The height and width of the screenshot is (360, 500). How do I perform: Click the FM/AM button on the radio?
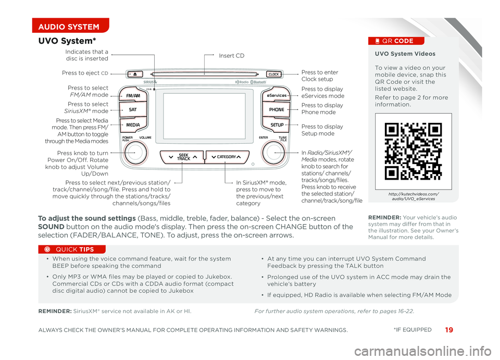click(x=133, y=95)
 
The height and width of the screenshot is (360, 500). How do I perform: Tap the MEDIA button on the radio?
click(x=133, y=125)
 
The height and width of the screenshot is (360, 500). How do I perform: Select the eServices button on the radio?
click(x=277, y=95)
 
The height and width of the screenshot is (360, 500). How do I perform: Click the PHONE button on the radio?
click(x=277, y=109)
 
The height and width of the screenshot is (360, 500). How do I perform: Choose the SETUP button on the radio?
click(x=277, y=125)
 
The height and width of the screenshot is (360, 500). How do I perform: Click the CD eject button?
click(x=135, y=75)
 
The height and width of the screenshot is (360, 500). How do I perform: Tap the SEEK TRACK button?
click(x=182, y=157)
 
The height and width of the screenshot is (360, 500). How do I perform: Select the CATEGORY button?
click(x=227, y=157)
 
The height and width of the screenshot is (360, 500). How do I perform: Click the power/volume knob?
click(x=135, y=153)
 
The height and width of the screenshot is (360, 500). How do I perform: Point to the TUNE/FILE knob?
click(x=273, y=153)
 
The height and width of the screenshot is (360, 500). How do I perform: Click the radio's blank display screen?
click(x=204, y=116)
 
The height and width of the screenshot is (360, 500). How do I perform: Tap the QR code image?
click(x=413, y=151)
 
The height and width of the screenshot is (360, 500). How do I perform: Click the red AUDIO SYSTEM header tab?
click(x=70, y=26)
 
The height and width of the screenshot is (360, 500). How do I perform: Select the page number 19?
click(x=448, y=330)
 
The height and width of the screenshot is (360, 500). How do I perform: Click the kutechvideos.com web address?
click(x=413, y=196)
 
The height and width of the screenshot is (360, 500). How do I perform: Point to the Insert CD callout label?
click(x=231, y=56)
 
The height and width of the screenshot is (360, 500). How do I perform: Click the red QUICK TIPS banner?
click(x=72, y=250)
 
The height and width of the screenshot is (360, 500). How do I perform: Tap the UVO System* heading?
click(x=67, y=41)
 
